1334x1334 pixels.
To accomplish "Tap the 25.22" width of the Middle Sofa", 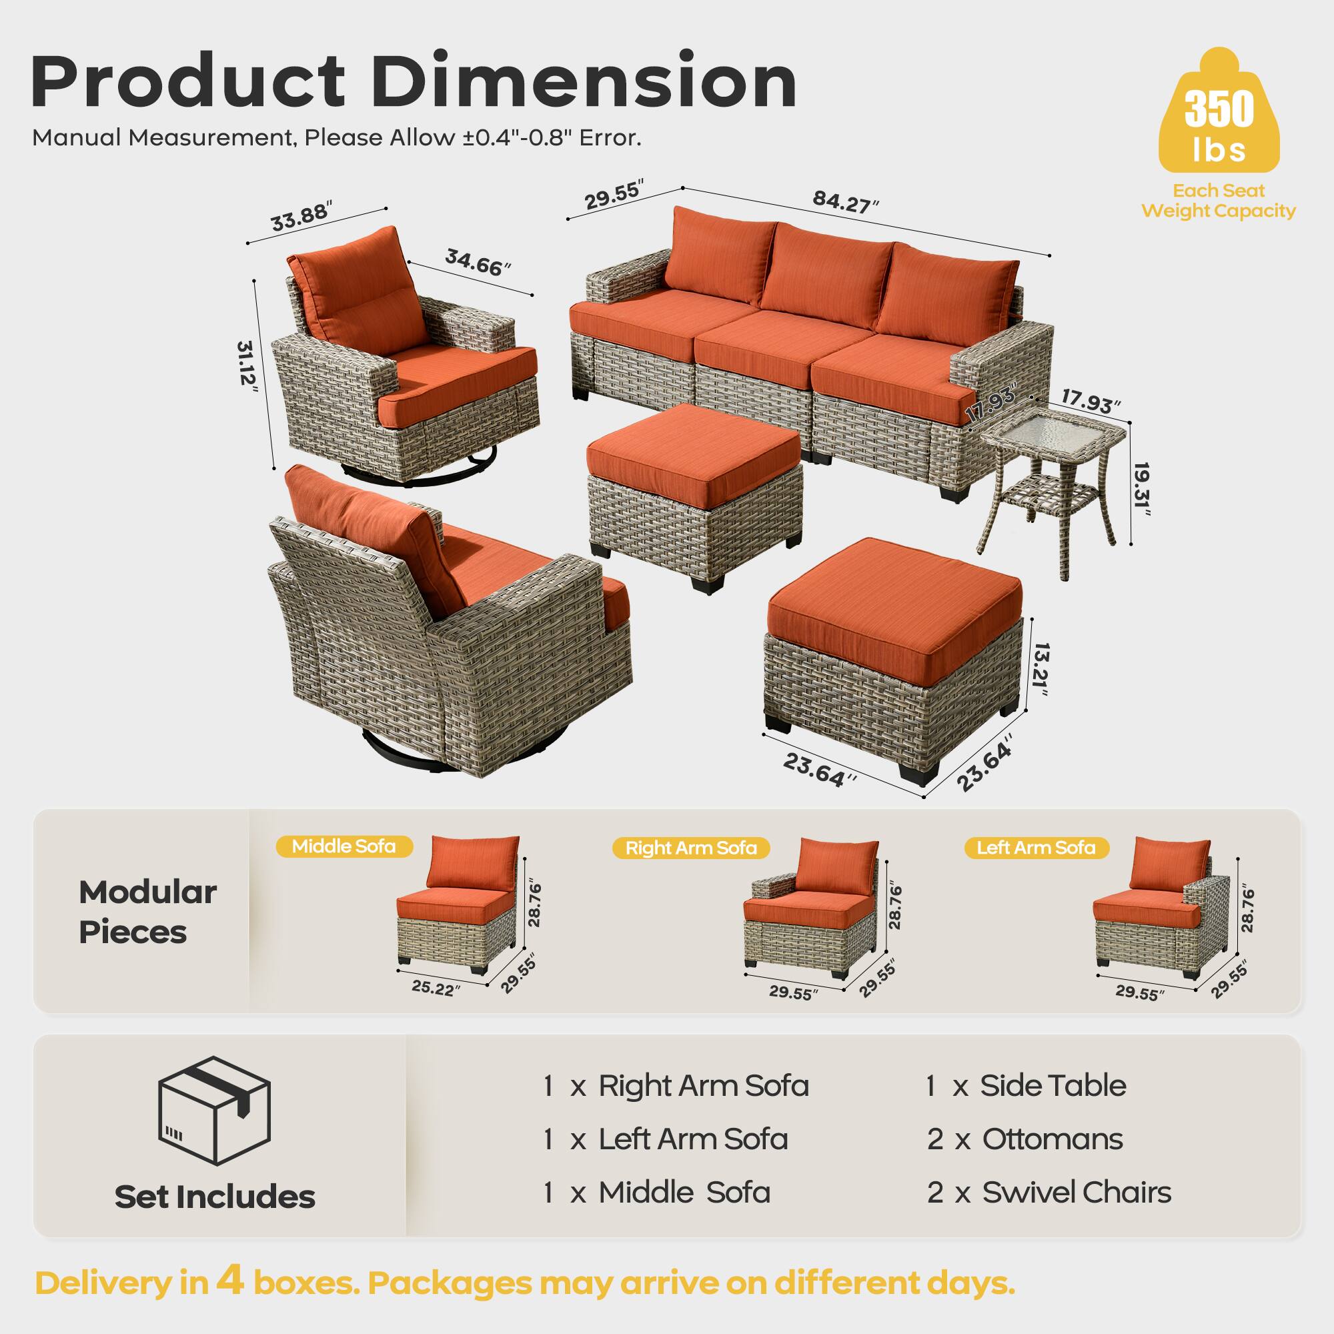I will point(436,988).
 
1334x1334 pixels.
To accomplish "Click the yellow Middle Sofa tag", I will point(344,846).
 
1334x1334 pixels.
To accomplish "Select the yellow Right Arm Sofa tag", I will point(690,848).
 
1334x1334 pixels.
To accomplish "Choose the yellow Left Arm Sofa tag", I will point(1036,848).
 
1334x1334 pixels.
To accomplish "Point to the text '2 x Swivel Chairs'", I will point(1049,1193).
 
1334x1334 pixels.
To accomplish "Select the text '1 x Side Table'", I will point(1025,1086).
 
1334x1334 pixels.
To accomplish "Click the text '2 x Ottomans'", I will point(1025,1139).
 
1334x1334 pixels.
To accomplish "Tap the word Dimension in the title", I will point(585,83).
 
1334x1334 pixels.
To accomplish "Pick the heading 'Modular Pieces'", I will point(147,912).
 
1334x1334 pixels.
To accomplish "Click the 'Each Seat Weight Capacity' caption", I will point(1218,201).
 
